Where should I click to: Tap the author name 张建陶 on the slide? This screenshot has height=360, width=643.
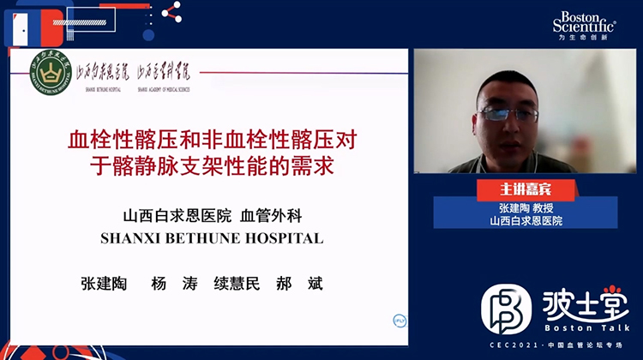pos(102,284)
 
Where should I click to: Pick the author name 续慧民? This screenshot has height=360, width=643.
pos(236,284)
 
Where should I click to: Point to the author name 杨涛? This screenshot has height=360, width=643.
pos(167,284)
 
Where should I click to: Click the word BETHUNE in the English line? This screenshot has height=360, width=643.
pos(204,237)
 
